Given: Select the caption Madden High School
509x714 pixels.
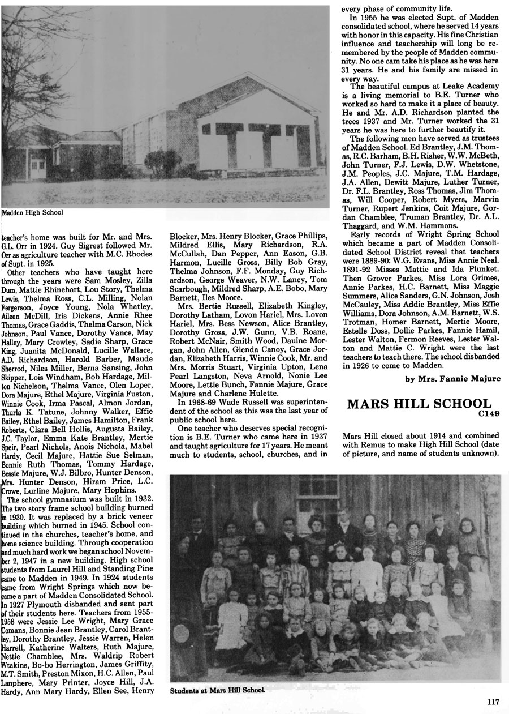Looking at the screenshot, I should [x=33, y=213].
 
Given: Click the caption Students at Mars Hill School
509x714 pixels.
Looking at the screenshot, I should [x=217, y=690].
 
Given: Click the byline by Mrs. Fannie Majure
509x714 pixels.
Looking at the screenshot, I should [x=452, y=379].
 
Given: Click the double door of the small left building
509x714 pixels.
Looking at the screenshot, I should [x=38, y=168].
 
